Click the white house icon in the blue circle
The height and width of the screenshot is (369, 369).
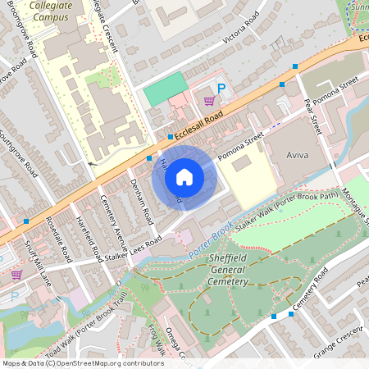[x=184, y=176]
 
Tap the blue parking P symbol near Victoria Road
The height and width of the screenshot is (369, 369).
[x=220, y=88]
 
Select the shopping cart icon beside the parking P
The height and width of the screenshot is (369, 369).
[x=209, y=101]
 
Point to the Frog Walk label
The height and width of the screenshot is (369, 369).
[x=159, y=339]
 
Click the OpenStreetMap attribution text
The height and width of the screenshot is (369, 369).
[x=82, y=362]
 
